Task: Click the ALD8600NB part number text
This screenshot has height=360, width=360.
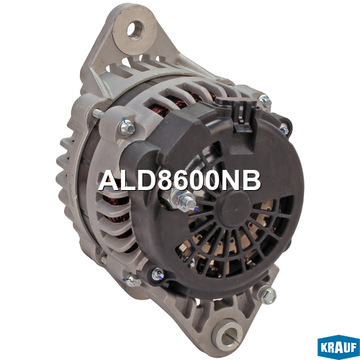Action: pos(179,181)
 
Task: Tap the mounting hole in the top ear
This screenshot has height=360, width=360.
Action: pos(135,30)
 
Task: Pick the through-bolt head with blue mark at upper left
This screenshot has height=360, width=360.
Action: pos(127,128)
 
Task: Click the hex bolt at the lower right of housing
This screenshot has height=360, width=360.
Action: pos(269,295)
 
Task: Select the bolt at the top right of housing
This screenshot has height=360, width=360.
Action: pos(265,101)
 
